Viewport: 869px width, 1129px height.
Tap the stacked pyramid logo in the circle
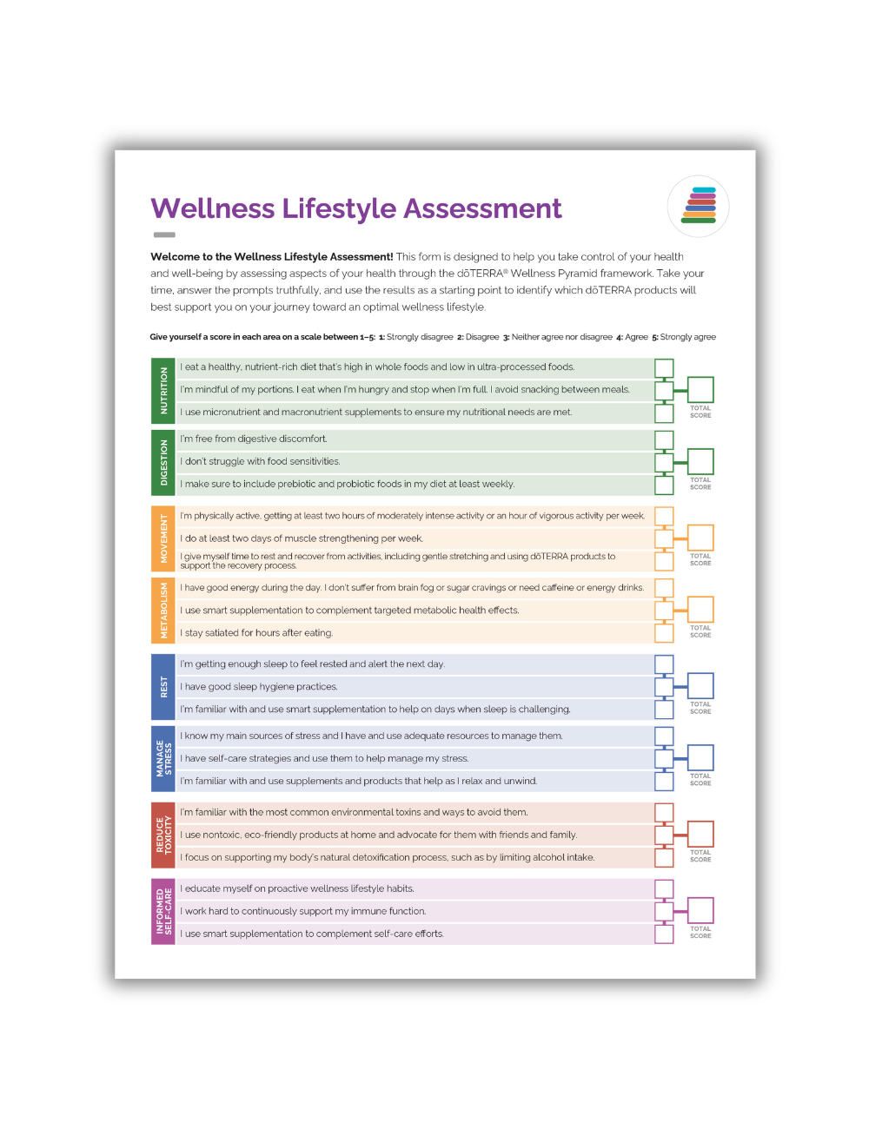tap(698, 206)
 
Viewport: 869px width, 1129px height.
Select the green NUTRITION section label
tap(163, 390)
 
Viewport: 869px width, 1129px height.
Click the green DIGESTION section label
tap(163, 462)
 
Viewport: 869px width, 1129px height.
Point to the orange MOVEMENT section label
tap(163, 538)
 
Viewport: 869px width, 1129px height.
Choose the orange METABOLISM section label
tap(163, 611)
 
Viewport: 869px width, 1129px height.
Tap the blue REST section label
tap(163, 687)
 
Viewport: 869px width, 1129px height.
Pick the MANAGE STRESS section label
tap(163, 759)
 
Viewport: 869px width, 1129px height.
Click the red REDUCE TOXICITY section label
tap(163, 835)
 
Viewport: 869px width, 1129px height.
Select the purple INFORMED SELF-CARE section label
tap(163, 912)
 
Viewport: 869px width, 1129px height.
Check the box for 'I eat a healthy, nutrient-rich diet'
tap(664, 368)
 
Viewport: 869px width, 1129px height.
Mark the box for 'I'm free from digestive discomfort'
tap(664, 440)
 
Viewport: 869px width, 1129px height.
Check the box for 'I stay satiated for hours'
tap(664, 633)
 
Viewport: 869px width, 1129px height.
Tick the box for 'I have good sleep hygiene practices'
tap(664, 687)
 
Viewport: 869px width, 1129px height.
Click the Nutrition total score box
tap(700, 389)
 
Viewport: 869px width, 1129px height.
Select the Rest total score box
tap(700, 685)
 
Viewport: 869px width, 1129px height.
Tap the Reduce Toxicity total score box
tap(700, 834)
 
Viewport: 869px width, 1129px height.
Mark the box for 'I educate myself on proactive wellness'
tap(664, 888)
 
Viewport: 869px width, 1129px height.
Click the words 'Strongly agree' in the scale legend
tap(688, 337)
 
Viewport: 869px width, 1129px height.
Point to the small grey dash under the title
tap(164, 234)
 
